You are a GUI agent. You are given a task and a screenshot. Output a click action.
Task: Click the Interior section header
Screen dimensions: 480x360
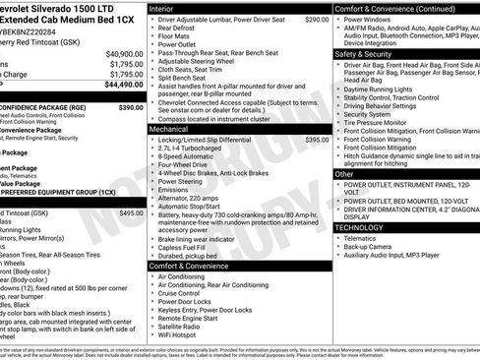click(x=165, y=8)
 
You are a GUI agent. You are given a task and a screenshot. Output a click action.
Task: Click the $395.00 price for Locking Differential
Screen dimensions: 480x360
click(x=317, y=141)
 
